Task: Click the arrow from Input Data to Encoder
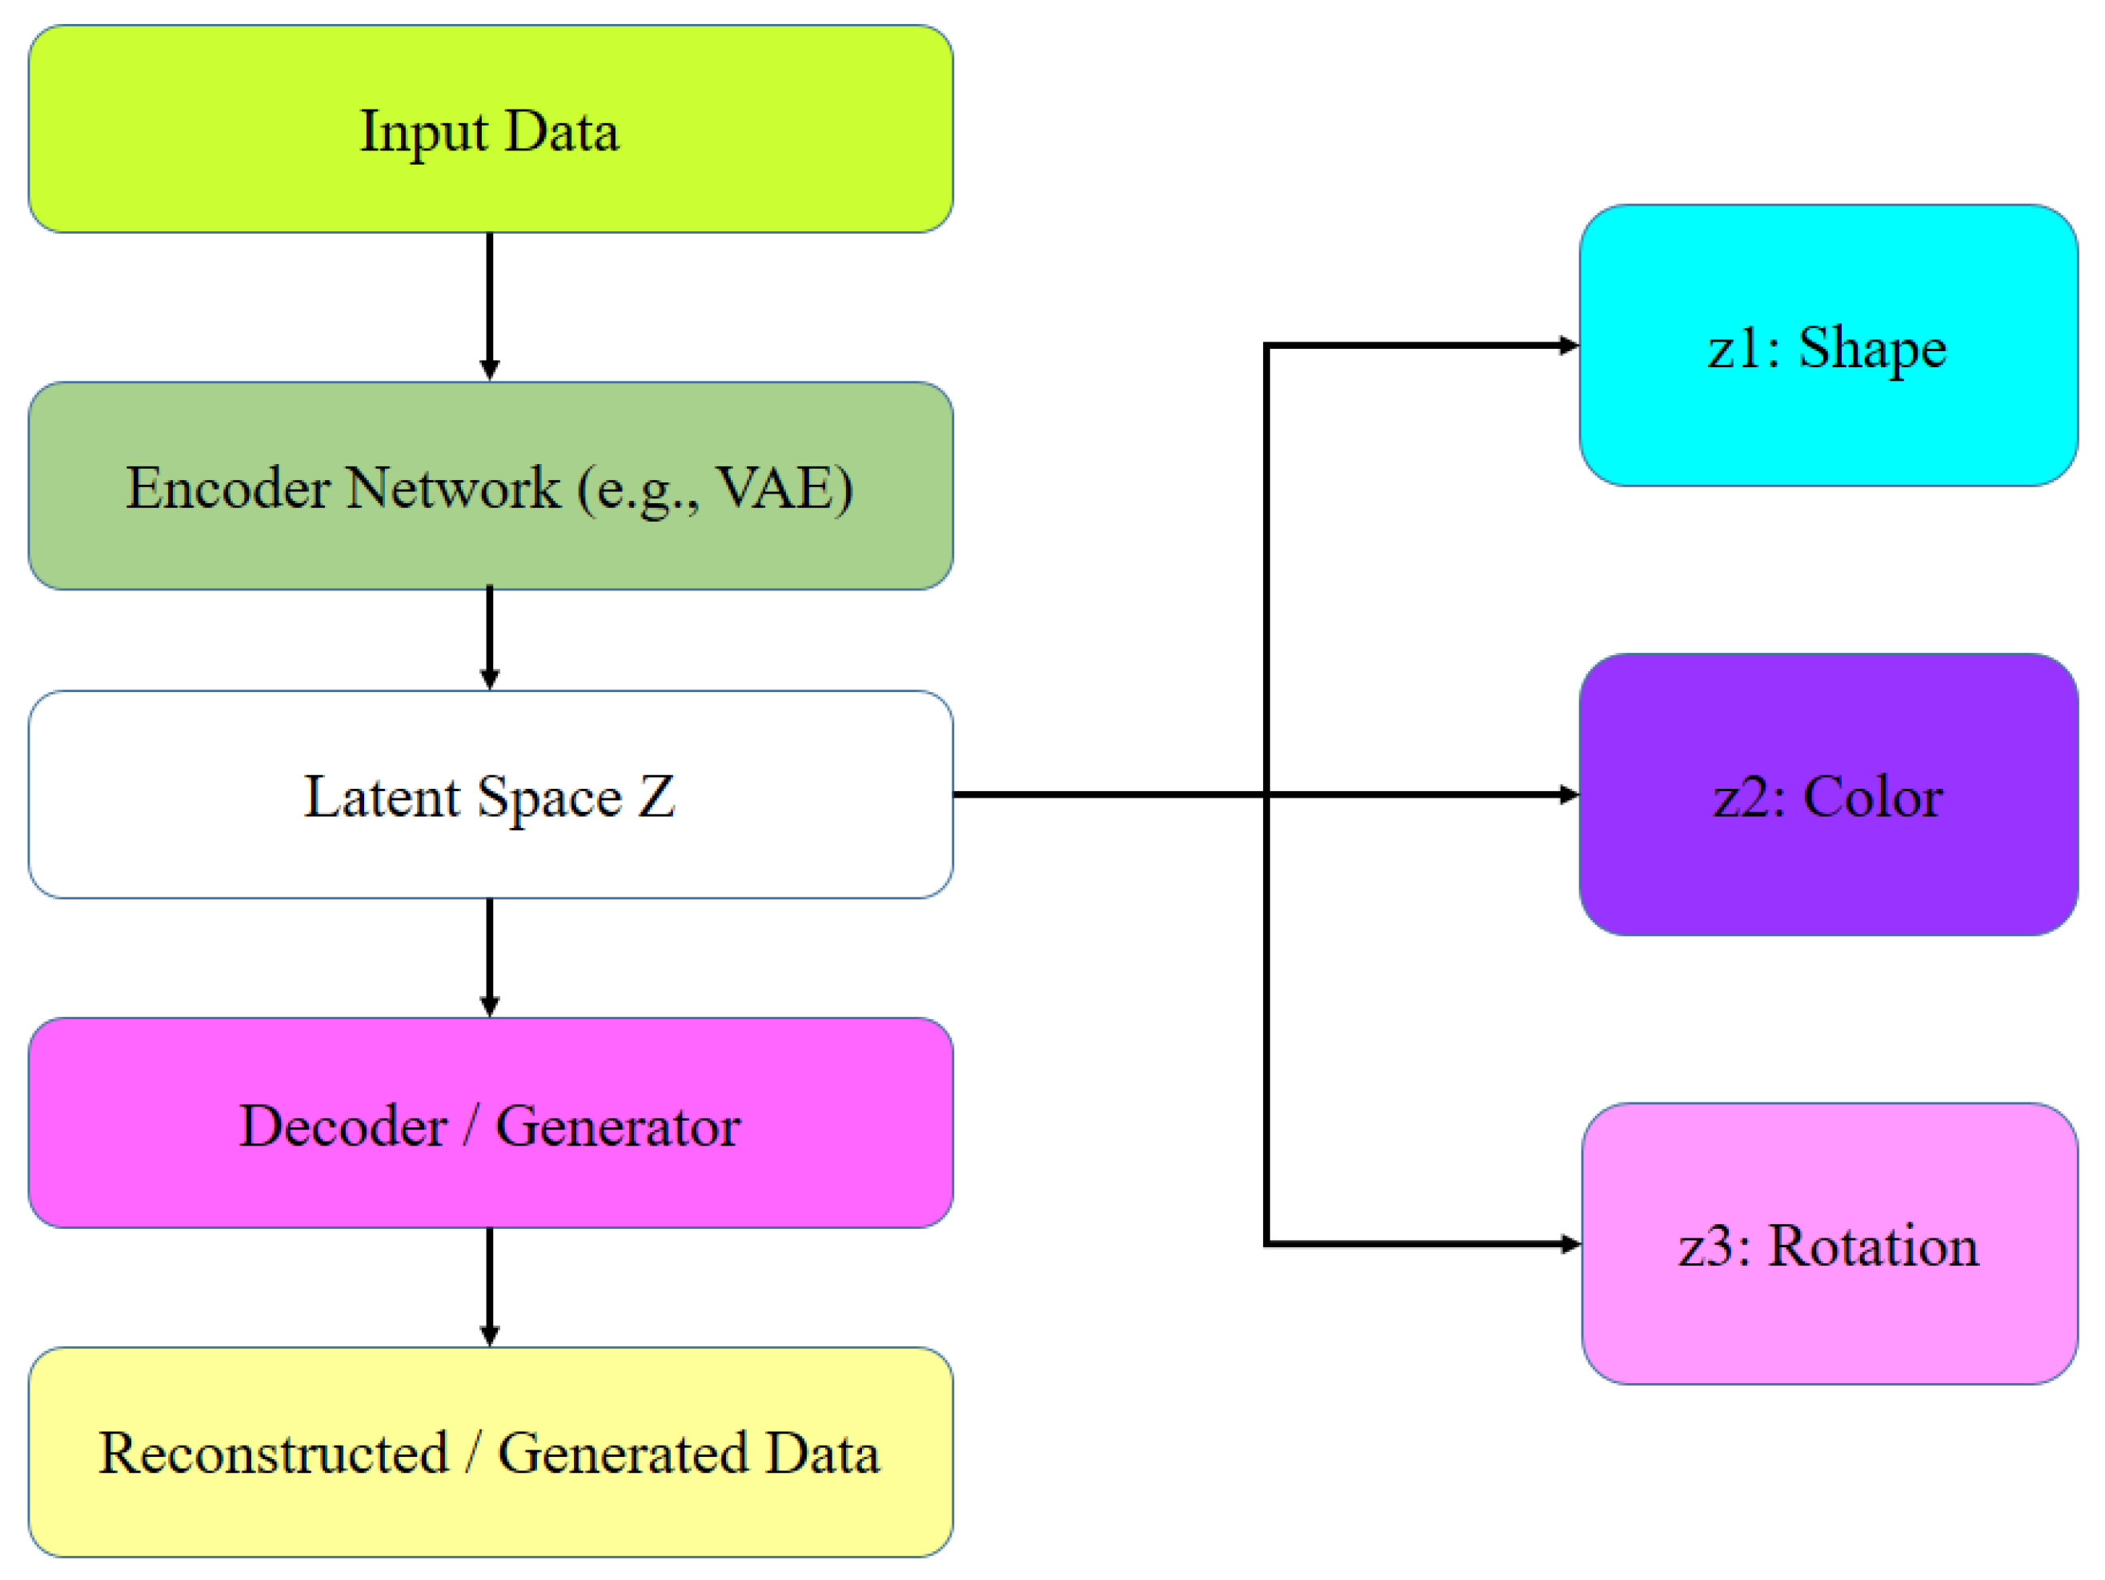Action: pyautogui.click(x=490, y=304)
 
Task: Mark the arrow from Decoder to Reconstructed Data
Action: pyautogui.click(x=490, y=1284)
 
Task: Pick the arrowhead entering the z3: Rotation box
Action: pyautogui.click(x=1571, y=1243)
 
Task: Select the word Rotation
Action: pyautogui.click(x=1873, y=1245)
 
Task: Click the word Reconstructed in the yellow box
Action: pyautogui.click(x=274, y=1454)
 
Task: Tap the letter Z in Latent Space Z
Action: pyautogui.click(x=656, y=796)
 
